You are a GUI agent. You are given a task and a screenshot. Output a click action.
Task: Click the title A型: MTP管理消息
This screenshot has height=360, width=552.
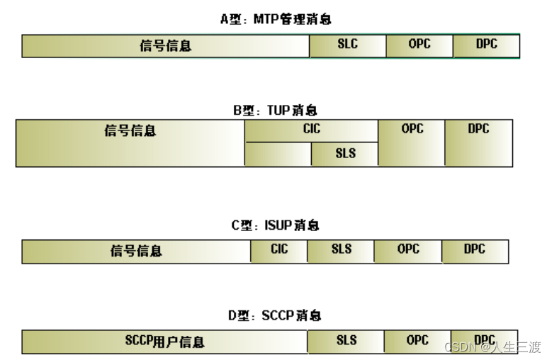click(276, 19)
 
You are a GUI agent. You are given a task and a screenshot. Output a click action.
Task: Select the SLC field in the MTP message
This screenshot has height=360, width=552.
click(347, 45)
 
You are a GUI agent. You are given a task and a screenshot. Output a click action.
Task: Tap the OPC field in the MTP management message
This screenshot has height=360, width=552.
click(419, 45)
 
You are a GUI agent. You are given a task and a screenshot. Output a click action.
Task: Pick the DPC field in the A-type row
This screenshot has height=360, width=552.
click(486, 45)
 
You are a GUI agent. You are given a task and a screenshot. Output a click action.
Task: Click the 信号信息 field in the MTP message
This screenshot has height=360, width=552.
click(166, 46)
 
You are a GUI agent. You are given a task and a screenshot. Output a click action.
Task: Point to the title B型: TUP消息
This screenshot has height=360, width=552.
click(276, 111)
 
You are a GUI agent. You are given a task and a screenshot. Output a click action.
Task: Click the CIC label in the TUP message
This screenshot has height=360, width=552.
click(311, 130)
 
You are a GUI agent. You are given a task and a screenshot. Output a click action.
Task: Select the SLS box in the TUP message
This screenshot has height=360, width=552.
click(344, 154)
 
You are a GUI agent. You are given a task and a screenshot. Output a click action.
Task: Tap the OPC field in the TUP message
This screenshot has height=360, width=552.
click(411, 142)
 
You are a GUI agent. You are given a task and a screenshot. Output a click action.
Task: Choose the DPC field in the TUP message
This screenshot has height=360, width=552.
click(478, 142)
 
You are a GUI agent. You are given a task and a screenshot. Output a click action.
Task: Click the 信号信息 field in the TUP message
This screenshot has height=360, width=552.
click(130, 142)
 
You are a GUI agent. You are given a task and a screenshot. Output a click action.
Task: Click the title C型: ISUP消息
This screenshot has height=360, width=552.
click(276, 225)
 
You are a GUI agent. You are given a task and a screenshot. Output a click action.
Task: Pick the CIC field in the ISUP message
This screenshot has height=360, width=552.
click(279, 251)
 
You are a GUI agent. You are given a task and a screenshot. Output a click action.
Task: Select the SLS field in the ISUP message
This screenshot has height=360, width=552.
click(341, 251)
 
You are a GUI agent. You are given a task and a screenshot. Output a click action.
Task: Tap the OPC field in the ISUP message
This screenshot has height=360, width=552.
click(408, 251)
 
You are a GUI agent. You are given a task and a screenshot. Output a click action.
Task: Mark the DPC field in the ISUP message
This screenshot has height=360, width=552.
click(475, 251)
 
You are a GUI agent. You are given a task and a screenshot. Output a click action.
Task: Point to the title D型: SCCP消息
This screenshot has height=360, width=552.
click(276, 315)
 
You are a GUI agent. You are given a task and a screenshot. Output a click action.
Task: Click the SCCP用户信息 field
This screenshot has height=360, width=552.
click(164, 342)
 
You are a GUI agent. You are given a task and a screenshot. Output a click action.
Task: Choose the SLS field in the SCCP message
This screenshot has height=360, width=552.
click(346, 342)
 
